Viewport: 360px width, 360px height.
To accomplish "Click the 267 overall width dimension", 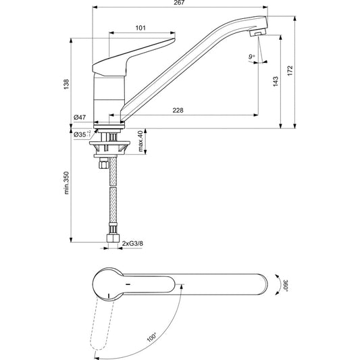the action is tap(179, 3).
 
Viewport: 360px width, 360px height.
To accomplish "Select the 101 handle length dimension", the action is tap(140, 28).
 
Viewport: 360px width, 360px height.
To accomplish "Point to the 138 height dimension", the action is tap(66, 84).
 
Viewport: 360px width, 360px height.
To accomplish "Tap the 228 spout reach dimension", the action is tap(178, 111).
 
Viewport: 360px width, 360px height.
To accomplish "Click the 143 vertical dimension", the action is tap(276, 82).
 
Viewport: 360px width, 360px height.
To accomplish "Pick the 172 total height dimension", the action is tap(290, 70).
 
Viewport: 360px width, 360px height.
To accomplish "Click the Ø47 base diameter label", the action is tap(80, 118).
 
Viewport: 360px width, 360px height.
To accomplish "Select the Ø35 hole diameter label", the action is tap(82, 134).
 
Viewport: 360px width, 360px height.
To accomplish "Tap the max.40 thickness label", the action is tap(140, 140).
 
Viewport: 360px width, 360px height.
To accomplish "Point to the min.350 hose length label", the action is tap(66, 183).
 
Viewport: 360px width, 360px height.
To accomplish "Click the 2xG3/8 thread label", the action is tap(132, 243).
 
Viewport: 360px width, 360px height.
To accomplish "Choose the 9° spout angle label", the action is tap(252, 57).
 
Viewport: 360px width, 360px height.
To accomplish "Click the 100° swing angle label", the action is tap(152, 337).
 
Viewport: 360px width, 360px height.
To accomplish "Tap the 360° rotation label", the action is tap(286, 286).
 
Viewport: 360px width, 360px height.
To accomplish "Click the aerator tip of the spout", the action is tap(257, 32).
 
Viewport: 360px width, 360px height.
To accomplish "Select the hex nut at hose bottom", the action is tap(113, 238).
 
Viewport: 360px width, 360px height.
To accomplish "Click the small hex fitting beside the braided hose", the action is tap(103, 164).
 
